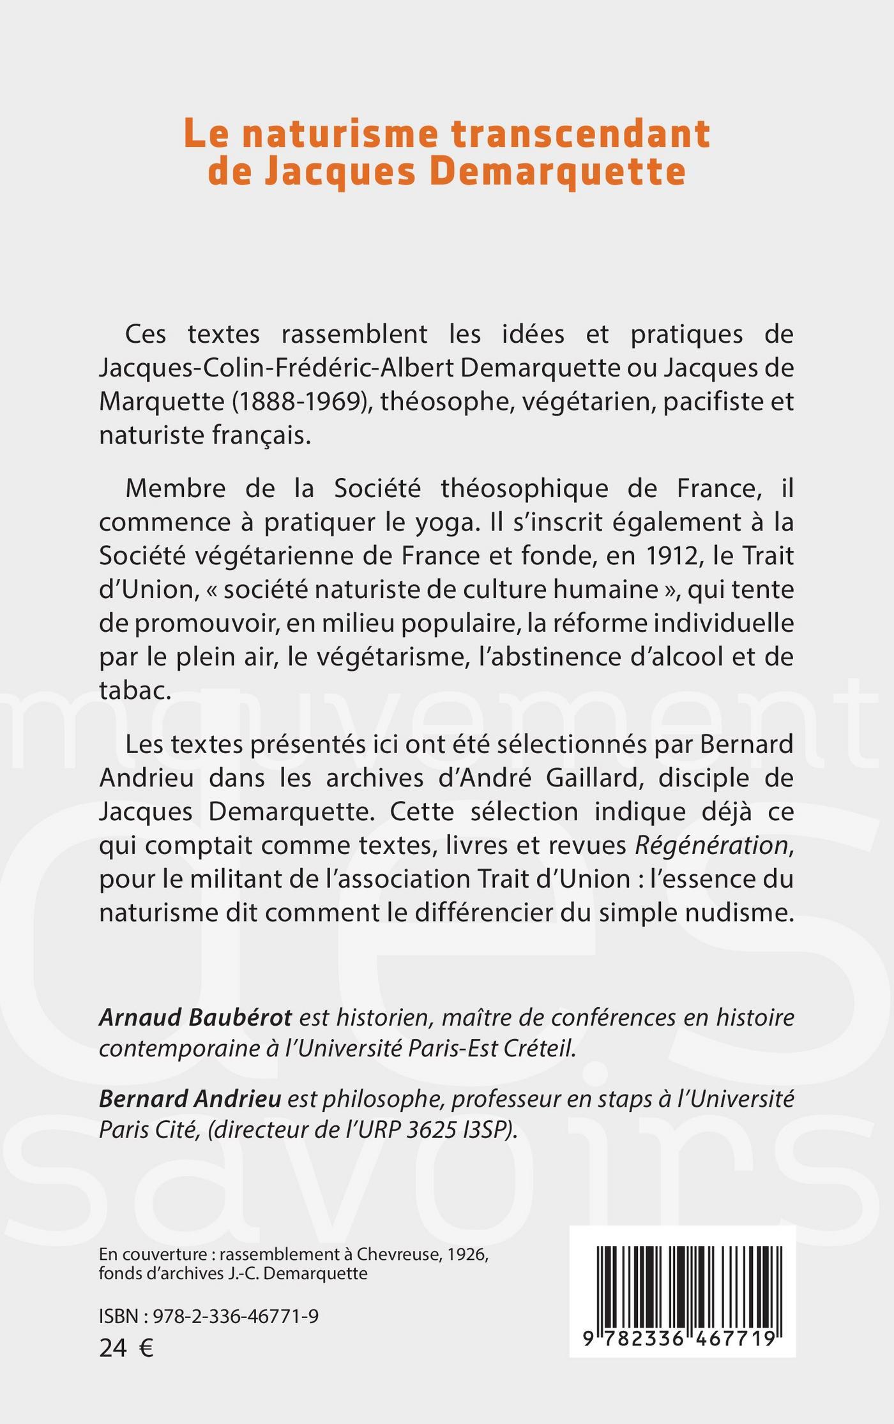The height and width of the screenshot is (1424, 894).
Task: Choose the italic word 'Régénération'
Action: coord(710,845)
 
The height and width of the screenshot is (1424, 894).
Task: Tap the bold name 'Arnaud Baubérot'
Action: coord(195,1017)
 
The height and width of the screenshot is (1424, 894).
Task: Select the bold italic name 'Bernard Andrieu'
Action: coord(190,1098)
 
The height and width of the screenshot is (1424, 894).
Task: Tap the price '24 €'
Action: coord(126,1348)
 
